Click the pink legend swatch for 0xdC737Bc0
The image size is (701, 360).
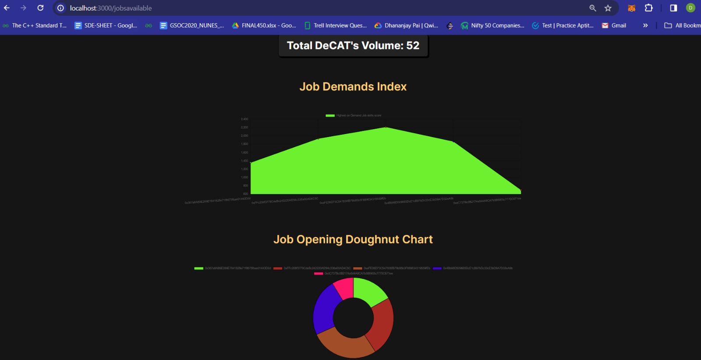tap(319, 273)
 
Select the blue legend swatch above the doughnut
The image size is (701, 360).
tap(437, 268)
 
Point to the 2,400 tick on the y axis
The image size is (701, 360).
tap(244, 119)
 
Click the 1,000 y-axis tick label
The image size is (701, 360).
tap(244, 177)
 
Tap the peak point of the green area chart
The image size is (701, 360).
tap(386, 127)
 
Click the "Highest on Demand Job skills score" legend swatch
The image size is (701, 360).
tap(330, 116)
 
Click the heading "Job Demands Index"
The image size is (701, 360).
tap(353, 87)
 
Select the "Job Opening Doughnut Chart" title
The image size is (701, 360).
tap(353, 240)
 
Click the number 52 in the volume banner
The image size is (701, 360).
tap(413, 46)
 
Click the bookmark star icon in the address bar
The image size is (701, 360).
tap(608, 8)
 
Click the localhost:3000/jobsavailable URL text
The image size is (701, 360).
tap(111, 8)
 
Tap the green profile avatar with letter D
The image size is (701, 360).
tap(690, 8)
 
